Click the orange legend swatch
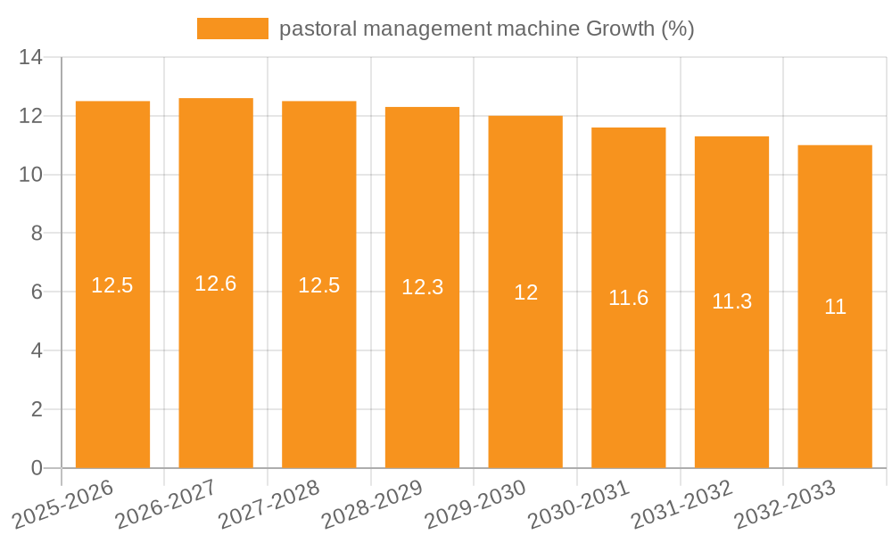click(232, 29)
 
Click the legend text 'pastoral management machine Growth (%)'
click(486, 29)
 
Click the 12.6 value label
click(216, 284)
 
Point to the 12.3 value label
click(422, 287)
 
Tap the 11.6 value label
click(629, 298)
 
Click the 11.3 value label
click(731, 301)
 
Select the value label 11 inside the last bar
click(835, 307)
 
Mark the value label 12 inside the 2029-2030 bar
click(525, 292)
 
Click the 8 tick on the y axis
click(37, 234)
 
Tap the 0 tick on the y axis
click(37, 468)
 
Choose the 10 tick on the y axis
click(31, 175)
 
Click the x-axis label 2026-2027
click(166, 505)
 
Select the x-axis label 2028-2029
click(372, 505)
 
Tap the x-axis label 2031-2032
click(681, 505)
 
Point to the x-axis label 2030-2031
click(579, 505)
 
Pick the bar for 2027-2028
click(319, 374)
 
